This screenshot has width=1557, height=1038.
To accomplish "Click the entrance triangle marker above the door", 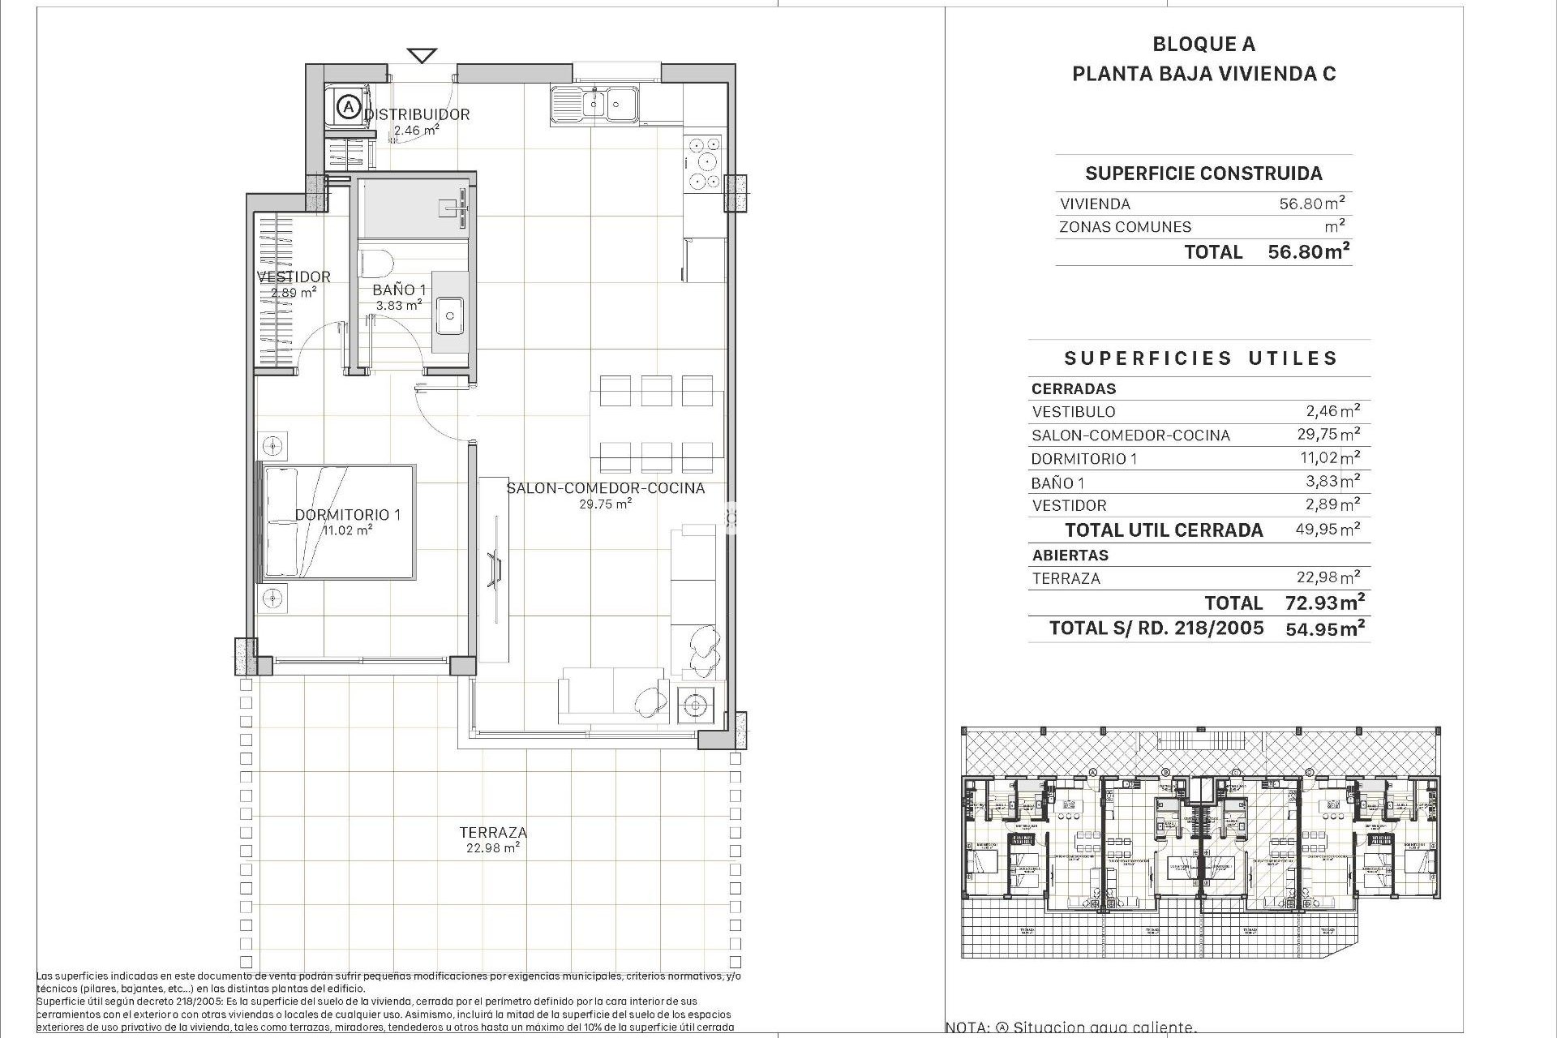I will click(422, 56).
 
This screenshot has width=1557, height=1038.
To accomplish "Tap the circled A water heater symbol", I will click(349, 106).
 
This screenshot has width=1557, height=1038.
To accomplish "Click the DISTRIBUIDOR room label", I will click(416, 114).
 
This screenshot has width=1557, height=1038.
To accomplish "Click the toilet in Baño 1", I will click(376, 263).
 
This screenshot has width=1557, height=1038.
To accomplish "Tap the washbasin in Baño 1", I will click(449, 315).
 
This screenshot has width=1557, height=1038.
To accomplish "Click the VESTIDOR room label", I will click(294, 277).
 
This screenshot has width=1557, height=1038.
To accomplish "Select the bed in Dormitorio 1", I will click(337, 522).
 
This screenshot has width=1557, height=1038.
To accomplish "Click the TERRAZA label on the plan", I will click(492, 832).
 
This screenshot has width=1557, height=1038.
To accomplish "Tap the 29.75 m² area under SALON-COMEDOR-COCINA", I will click(605, 504).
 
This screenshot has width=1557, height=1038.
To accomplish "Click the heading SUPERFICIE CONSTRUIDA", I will click(1203, 173).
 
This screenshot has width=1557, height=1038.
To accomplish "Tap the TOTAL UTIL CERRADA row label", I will click(1164, 530).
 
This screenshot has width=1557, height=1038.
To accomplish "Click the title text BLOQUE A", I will click(1203, 45).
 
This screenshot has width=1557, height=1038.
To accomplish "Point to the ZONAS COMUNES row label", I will click(1125, 227).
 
